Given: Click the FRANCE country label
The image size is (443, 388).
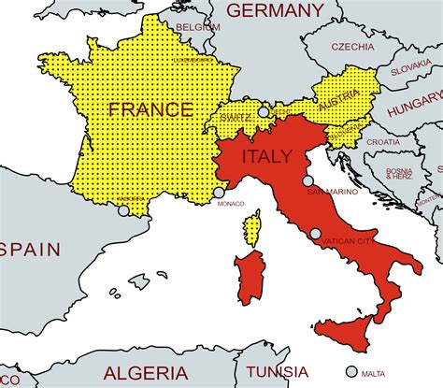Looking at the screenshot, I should click(150, 108).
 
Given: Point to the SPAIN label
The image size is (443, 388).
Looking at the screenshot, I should click(28, 249).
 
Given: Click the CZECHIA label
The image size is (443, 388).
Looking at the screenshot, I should click(350, 46).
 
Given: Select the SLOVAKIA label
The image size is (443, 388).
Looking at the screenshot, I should click(410, 68).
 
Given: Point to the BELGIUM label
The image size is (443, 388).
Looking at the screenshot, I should click(199, 28).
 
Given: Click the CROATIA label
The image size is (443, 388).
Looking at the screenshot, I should click(382, 141).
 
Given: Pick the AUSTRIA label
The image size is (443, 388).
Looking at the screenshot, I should click(338, 106).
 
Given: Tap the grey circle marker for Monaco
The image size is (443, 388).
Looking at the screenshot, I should click(220, 192).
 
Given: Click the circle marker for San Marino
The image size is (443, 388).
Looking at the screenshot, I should click(307, 181).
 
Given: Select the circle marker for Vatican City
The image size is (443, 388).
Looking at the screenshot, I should click(315, 234).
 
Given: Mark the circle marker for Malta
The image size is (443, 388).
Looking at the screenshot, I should click(351, 370).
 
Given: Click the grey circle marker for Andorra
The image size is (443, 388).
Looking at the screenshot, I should click(123, 210).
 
